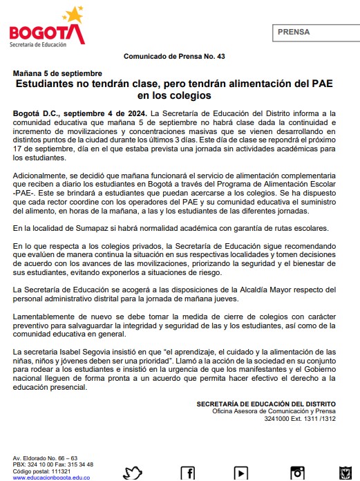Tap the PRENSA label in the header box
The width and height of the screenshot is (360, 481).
pyautogui.click(x=294, y=32)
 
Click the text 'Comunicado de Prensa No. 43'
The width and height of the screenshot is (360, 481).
pyautogui.click(x=174, y=56)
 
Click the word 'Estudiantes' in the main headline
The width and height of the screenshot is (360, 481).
pyautogui.click(x=48, y=84)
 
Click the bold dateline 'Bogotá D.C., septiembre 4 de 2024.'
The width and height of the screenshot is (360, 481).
pyautogui.click(x=80, y=113)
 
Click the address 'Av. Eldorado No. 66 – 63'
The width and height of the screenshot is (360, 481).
pyautogui.click(x=46, y=458)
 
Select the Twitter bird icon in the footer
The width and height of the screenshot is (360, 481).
pyautogui.click(x=133, y=473)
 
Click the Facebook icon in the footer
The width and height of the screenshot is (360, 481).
pyautogui.click(x=187, y=473)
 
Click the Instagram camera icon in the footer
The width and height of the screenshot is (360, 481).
pyautogui.click(x=297, y=473)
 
